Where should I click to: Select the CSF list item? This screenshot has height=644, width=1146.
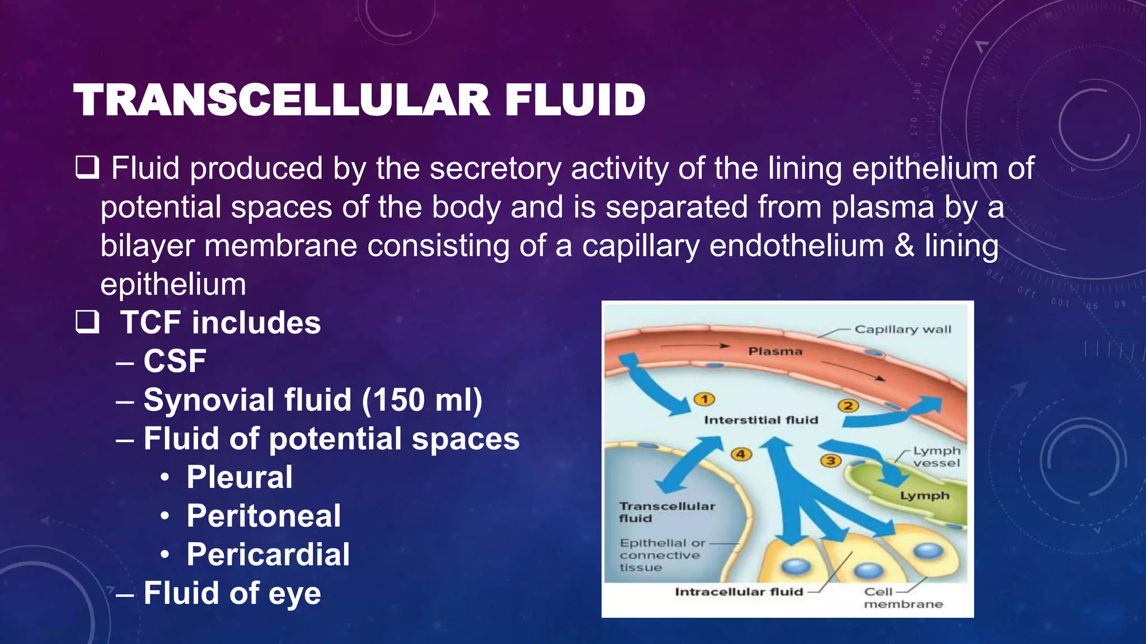point(175,361)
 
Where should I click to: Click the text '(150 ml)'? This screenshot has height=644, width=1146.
point(422,400)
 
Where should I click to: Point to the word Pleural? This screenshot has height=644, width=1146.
point(239,477)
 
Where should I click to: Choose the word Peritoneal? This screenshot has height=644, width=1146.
point(264,516)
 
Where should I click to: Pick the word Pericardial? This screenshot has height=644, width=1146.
point(268,555)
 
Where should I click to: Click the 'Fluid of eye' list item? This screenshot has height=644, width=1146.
point(232,593)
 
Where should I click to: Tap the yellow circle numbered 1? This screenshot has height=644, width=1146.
point(704,399)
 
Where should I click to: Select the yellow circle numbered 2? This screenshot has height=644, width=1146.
point(848,406)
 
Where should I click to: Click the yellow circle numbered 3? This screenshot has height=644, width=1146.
point(831,461)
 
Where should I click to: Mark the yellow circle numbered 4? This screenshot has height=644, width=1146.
point(741,454)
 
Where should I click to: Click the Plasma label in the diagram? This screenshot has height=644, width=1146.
point(775,352)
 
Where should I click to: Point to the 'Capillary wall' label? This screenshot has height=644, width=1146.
point(903,329)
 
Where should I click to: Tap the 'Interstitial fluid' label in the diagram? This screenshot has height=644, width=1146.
point(761,420)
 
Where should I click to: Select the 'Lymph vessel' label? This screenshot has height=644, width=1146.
point(936,457)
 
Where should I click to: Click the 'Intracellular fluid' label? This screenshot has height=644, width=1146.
point(739,592)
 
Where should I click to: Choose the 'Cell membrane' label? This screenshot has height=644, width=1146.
point(903,598)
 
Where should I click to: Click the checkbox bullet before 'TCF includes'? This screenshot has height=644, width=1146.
point(87,323)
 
